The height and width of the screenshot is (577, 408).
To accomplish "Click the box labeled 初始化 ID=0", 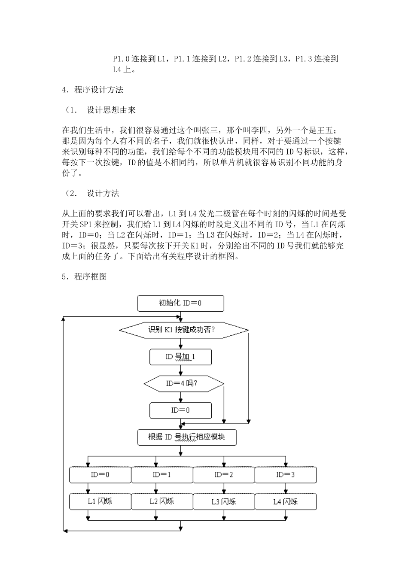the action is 180,303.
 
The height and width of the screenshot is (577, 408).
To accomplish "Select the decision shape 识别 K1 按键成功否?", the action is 183,330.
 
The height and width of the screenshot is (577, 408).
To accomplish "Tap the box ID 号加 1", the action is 180,357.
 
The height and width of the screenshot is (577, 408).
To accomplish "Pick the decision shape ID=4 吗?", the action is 183,383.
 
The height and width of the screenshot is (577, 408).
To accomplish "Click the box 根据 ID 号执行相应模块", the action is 186,437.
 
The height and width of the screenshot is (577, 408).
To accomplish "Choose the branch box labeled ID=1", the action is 162,475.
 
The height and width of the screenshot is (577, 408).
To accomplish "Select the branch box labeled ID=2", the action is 224,475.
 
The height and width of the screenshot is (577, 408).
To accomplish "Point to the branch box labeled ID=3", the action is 286,475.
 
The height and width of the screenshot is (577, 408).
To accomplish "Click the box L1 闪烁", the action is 100,501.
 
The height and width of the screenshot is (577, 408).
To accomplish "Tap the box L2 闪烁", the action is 162,501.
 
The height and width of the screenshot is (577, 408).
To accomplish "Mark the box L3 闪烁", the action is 224,501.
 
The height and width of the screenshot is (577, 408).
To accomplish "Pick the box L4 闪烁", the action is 286,501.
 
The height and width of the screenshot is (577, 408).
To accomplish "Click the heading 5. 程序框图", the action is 84,276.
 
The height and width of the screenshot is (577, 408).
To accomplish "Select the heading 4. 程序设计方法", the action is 92,90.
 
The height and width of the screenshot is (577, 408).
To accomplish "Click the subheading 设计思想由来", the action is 111,110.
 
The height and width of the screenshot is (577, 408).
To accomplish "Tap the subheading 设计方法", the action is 103,193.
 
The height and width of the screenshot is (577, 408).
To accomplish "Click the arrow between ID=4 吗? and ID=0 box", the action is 181,397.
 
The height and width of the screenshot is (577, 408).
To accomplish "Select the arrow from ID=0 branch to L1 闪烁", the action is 88,489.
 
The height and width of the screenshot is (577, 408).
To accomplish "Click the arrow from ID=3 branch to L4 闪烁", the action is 285,489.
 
